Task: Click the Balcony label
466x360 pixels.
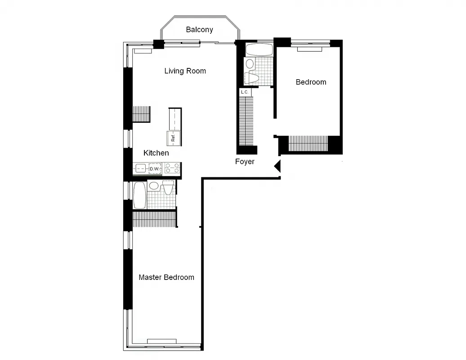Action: tap(199, 30)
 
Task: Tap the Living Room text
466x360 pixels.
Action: tap(185, 71)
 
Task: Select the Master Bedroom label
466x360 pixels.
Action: tap(166, 277)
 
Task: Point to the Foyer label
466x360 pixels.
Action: tap(245, 162)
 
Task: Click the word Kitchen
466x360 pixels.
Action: tap(156, 153)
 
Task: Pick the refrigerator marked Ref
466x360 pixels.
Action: tap(173, 139)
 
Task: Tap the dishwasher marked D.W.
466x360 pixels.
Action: tap(155, 169)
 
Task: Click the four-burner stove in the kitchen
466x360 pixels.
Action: tap(172, 169)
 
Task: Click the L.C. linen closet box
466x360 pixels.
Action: tap(245, 92)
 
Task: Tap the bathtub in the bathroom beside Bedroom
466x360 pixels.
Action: tap(259, 49)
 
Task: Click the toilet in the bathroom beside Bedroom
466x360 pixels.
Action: tap(252, 78)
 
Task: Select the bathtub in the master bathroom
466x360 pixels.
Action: tap(140, 195)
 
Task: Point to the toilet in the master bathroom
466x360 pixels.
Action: tap(168, 188)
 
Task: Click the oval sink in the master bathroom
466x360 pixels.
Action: tap(154, 185)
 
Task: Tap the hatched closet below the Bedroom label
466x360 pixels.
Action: tap(308, 144)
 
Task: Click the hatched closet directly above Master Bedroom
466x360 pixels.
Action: tap(154, 219)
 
